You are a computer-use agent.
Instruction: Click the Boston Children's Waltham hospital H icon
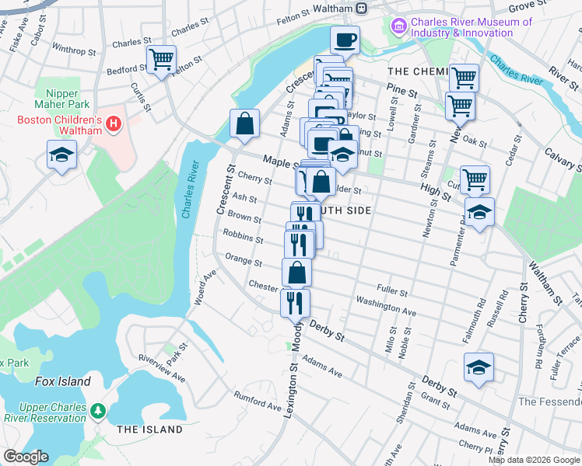[x=114, y=123]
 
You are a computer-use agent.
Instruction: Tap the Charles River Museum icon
[x=399, y=28]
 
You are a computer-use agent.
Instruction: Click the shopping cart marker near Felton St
[x=161, y=59]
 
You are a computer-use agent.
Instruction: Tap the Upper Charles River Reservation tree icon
[x=98, y=409]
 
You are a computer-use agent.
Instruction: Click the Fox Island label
[x=62, y=381]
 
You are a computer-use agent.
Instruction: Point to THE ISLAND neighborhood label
[x=149, y=429]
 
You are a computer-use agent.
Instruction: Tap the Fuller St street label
[x=392, y=291]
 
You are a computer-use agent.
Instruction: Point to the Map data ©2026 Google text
[x=534, y=460]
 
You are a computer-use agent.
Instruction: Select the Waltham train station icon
[x=361, y=8]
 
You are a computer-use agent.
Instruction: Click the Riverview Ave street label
[x=161, y=367]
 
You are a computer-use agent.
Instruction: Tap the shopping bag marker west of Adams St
[x=244, y=124]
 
